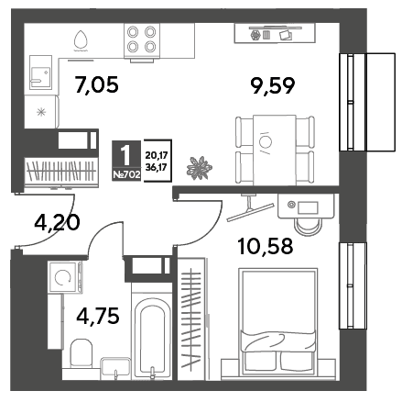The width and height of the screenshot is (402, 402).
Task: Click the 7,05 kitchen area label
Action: [x=96, y=84]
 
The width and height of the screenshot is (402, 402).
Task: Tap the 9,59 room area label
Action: [x=273, y=85]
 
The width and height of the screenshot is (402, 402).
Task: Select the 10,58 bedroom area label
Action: [x=266, y=246]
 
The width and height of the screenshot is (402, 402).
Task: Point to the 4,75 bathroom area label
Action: [x=98, y=316]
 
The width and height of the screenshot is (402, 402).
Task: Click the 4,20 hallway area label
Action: [x=57, y=222]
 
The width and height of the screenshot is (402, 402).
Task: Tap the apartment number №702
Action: [x=126, y=175]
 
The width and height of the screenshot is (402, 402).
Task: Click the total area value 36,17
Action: [x=157, y=168]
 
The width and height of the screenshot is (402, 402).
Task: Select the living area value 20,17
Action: [x=157, y=156]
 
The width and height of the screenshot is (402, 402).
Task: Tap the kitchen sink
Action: [x=40, y=73]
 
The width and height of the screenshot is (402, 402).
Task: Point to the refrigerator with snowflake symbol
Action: [x=41, y=112]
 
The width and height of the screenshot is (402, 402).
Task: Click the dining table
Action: [x=275, y=150]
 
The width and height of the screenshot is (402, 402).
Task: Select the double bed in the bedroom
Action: [x=278, y=321]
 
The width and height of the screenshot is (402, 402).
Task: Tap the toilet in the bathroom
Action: [x=81, y=352]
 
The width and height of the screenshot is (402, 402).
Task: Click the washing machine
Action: [x=65, y=278]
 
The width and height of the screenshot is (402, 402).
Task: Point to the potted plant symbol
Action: [x=200, y=168]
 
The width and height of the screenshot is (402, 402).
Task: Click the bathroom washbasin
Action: [x=116, y=367]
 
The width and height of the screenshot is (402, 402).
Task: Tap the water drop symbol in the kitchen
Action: [x=81, y=40]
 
